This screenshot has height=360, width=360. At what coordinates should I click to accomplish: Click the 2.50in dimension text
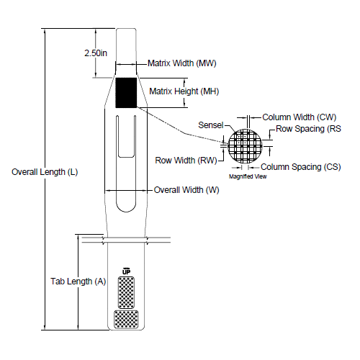click(96, 53)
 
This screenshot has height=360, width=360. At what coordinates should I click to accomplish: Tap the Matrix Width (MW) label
click(182, 63)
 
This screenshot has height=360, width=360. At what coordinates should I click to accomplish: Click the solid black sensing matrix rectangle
click(126, 92)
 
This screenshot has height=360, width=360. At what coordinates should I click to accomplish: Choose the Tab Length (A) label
click(78, 282)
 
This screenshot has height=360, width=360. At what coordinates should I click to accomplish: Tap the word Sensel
click(210, 125)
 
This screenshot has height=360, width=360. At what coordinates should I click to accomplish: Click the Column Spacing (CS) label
click(300, 166)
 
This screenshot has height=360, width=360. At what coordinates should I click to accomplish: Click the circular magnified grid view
click(248, 147)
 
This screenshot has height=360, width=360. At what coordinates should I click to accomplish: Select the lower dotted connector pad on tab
click(126, 318)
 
